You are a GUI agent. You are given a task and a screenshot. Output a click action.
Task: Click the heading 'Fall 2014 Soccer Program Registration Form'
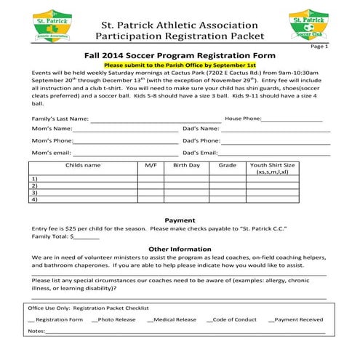coord(180,55)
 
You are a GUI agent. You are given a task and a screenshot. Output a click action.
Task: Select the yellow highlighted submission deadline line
coord(180,65)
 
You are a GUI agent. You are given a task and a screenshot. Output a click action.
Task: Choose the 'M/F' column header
coord(151,166)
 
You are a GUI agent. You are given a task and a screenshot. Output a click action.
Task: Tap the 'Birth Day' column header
coord(186,166)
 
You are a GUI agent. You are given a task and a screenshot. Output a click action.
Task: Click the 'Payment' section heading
coord(180,220)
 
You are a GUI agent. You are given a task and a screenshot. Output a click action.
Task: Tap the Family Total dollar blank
coord(86,236)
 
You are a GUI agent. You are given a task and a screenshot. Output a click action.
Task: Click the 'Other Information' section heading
coord(180,249)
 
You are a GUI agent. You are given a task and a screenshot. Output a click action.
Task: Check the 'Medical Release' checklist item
coord(172,319)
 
